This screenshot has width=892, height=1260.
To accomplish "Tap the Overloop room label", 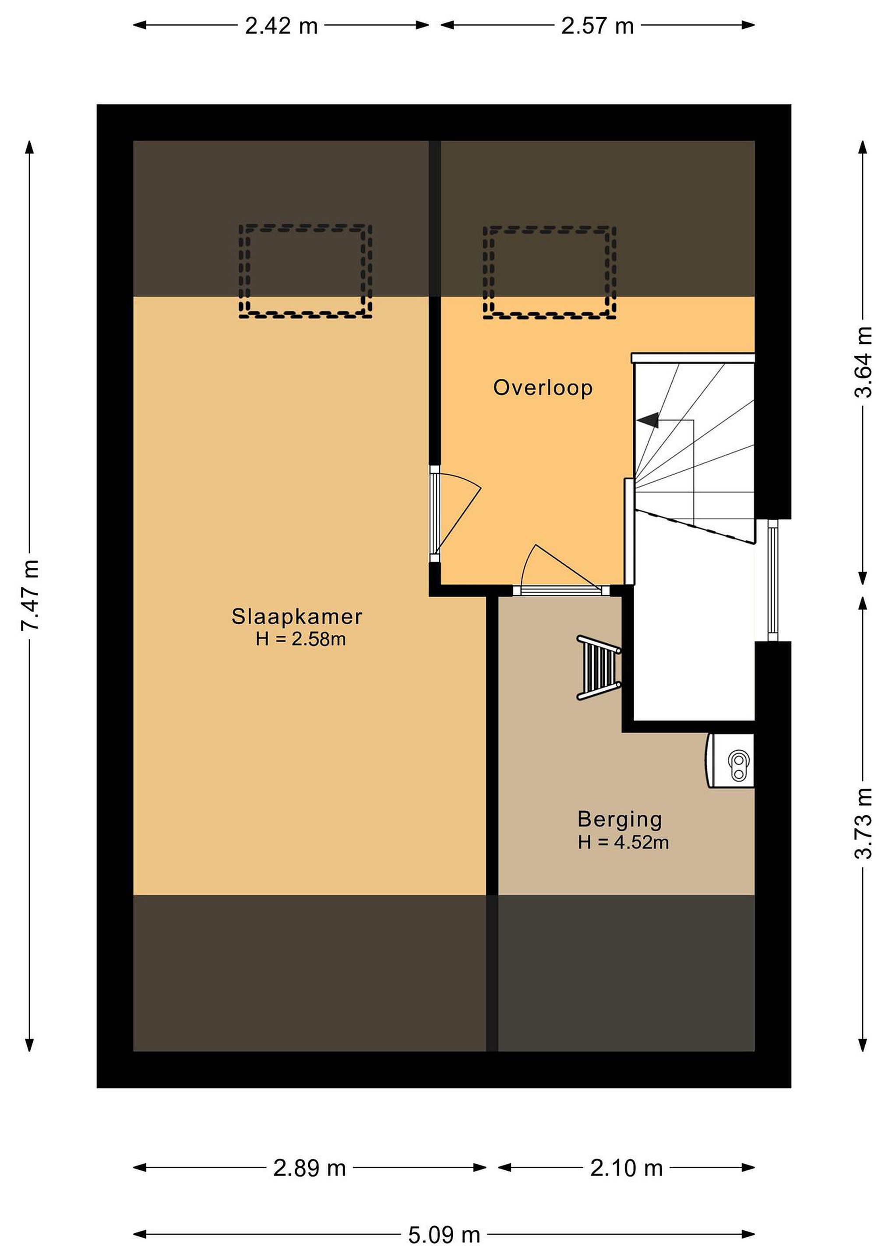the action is pyautogui.click(x=543, y=388).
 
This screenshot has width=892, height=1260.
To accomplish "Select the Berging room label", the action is pyautogui.click(x=620, y=819).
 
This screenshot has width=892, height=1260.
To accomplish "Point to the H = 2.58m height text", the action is pyautogui.click(x=300, y=639).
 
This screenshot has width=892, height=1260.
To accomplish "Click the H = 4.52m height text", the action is pyautogui.click(x=623, y=842).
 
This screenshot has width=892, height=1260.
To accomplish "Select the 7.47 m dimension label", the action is pyautogui.click(x=30, y=595).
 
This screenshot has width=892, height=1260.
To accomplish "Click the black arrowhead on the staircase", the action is pyautogui.click(x=648, y=420).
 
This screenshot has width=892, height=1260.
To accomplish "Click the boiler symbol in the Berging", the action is pyautogui.click(x=730, y=761).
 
